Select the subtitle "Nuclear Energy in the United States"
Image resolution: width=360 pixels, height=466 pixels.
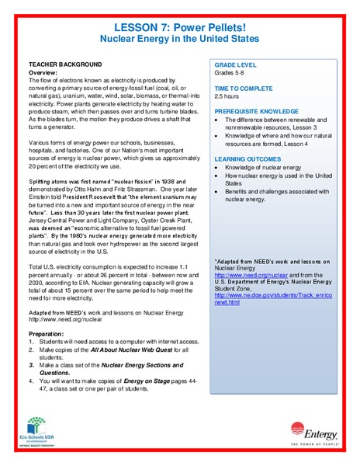[179, 38]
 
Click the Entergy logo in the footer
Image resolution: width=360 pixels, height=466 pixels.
[313, 429]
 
